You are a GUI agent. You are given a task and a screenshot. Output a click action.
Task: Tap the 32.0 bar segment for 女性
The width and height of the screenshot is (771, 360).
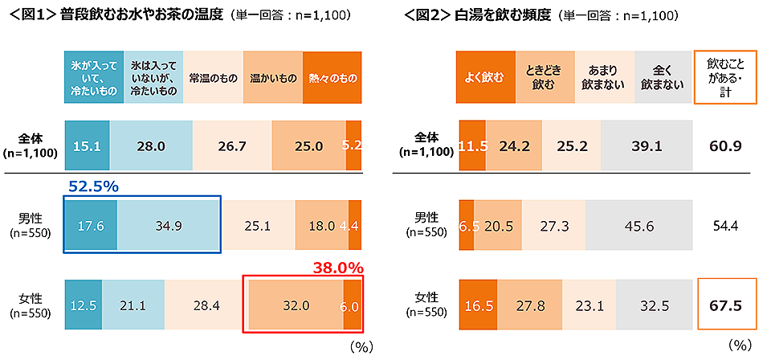pyautogui.click(x=295, y=305)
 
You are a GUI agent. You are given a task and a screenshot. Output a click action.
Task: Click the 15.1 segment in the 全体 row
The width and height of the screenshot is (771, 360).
pyautogui.click(x=87, y=146)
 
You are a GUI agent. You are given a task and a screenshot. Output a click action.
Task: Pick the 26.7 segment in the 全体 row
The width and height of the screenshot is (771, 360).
pyautogui.click(x=233, y=146)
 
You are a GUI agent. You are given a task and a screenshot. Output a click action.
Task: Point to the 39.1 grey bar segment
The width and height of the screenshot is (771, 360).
pyautogui.click(x=646, y=146)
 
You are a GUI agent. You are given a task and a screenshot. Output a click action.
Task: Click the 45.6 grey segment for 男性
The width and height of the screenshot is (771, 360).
pyautogui.click(x=638, y=226)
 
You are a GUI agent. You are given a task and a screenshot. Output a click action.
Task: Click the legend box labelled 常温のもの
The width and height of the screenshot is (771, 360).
pyautogui.click(x=212, y=78)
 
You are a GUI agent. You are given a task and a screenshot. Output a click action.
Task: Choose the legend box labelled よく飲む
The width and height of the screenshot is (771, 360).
pyautogui.click(x=485, y=78)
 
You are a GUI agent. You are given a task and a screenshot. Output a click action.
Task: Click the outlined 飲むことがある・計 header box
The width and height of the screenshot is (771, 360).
pyautogui.click(x=725, y=78)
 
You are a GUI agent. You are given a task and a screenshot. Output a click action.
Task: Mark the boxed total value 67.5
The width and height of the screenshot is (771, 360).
pyautogui.click(x=725, y=305)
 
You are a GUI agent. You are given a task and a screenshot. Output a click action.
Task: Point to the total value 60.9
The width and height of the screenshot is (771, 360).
pyautogui.click(x=725, y=146)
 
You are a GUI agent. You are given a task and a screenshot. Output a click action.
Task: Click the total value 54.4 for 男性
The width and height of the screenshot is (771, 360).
pyautogui.click(x=725, y=226)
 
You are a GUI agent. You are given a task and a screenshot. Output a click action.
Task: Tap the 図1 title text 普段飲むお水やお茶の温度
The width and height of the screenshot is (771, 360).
pyautogui.click(x=145, y=14)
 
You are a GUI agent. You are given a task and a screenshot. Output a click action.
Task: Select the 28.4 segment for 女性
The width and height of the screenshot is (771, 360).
pyautogui.click(x=204, y=305)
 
